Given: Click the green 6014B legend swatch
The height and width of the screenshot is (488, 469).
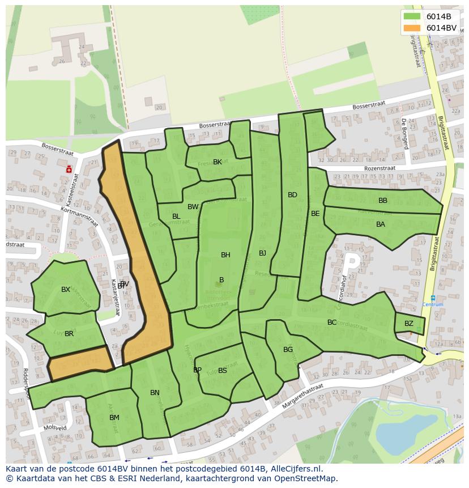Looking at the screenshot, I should click(x=412, y=16).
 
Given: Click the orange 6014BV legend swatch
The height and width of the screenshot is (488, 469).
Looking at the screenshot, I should click(x=412, y=28).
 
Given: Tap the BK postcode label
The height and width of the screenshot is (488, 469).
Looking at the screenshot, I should click(x=218, y=162).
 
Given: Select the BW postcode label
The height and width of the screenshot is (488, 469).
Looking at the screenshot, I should click(x=193, y=207).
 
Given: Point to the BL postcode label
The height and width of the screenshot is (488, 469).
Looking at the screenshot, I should click(x=176, y=217).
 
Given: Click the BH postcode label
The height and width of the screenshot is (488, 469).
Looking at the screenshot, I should click(x=225, y=255).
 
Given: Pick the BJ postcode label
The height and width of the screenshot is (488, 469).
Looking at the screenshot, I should click(x=262, y=253).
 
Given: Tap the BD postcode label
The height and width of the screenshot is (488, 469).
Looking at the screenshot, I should click(x=292, y=195).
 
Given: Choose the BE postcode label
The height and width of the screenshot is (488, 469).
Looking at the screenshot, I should click(x=315, y=214).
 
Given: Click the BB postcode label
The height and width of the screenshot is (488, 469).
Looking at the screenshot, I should click(x=383, y=201).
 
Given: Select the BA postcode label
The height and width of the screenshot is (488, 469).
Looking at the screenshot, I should click(x=381, y=224).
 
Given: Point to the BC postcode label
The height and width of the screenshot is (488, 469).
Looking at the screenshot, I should click(x=332, y=322).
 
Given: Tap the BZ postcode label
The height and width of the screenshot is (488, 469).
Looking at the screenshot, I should click(x=409, y=324).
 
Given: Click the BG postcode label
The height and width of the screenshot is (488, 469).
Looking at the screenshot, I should click(x=288, y=350).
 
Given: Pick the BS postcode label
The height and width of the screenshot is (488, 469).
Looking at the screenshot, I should click(x=223, y=371).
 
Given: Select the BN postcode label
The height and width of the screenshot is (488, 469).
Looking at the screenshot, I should click(x=155, y=393).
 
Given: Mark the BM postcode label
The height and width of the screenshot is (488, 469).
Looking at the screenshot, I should click(x=114, y=418).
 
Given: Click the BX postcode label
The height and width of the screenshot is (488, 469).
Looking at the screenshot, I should click(x=66, y=290).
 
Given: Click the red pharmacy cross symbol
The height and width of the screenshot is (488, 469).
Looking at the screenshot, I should click(x=69, y=168).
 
